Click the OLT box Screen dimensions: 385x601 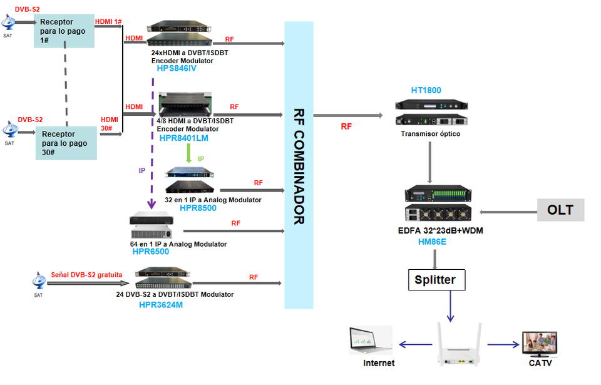tap(560, 210)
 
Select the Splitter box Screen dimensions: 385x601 tap(436, 279)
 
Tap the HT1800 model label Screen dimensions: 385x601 tap(426, 90)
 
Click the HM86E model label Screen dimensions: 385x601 tap(431, 241)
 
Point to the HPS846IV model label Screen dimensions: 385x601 tap(177, 68)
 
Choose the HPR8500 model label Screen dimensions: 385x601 tap(198, 208)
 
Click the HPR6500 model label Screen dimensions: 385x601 tap(150, 252)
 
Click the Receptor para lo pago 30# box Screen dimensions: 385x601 tap(66, 143)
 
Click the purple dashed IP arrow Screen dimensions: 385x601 tap(152, 144)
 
